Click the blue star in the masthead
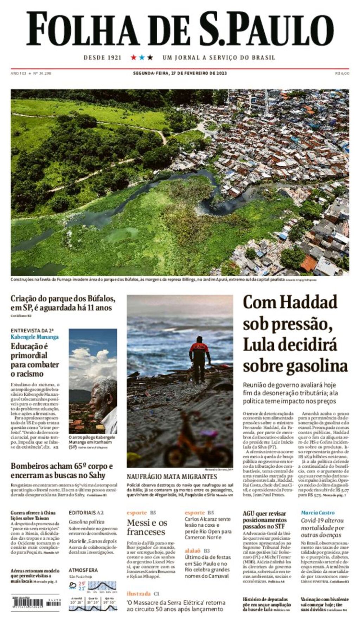point(142,57)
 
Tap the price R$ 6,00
point(342,73)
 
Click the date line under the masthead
point(180,73)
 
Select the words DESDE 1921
point(102,58)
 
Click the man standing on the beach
point(199,359)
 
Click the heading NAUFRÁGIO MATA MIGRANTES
point(172,477)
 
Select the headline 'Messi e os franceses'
point(147,527)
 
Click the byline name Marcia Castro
point(317,513)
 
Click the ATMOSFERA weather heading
point(83,570)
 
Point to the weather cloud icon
point(73,585)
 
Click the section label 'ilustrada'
point(138,593)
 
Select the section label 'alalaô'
point(193,551)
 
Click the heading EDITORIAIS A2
point(86,513)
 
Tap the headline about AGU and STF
point(265,520)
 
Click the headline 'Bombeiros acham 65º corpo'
point(62,471)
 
